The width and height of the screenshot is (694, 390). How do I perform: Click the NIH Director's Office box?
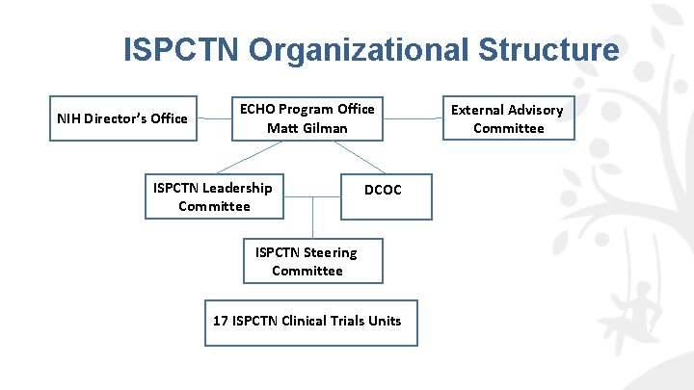point(122,118)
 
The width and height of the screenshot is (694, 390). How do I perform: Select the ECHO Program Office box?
point(307,118)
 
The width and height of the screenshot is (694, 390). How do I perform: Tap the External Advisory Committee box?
point(508,118)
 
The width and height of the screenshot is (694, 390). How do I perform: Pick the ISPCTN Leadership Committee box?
point(214,196)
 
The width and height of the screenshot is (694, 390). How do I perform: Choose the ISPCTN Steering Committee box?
point(307,261)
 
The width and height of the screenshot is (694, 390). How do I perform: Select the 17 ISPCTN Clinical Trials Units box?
point(307,321)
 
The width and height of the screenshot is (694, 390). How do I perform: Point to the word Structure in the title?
point(550,49)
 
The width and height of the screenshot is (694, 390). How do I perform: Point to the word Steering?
point(331,252)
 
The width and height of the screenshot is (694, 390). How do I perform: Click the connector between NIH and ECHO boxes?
point(214,118)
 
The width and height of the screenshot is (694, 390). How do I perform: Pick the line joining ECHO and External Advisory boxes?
point(413,118)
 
